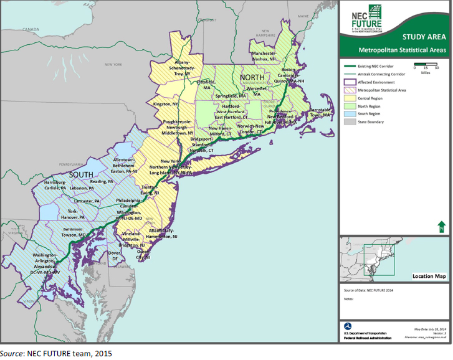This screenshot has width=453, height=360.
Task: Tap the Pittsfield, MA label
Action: (x=206, y=85)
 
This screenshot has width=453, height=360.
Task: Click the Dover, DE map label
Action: (x=115, y=255)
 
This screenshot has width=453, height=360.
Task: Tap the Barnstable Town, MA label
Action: (x=322, y=113)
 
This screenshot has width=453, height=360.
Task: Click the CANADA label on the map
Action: (x=31, y=29)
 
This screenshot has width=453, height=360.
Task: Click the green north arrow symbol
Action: (x=441, y=227)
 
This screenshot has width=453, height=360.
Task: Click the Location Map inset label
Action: (x=429, y=276)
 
